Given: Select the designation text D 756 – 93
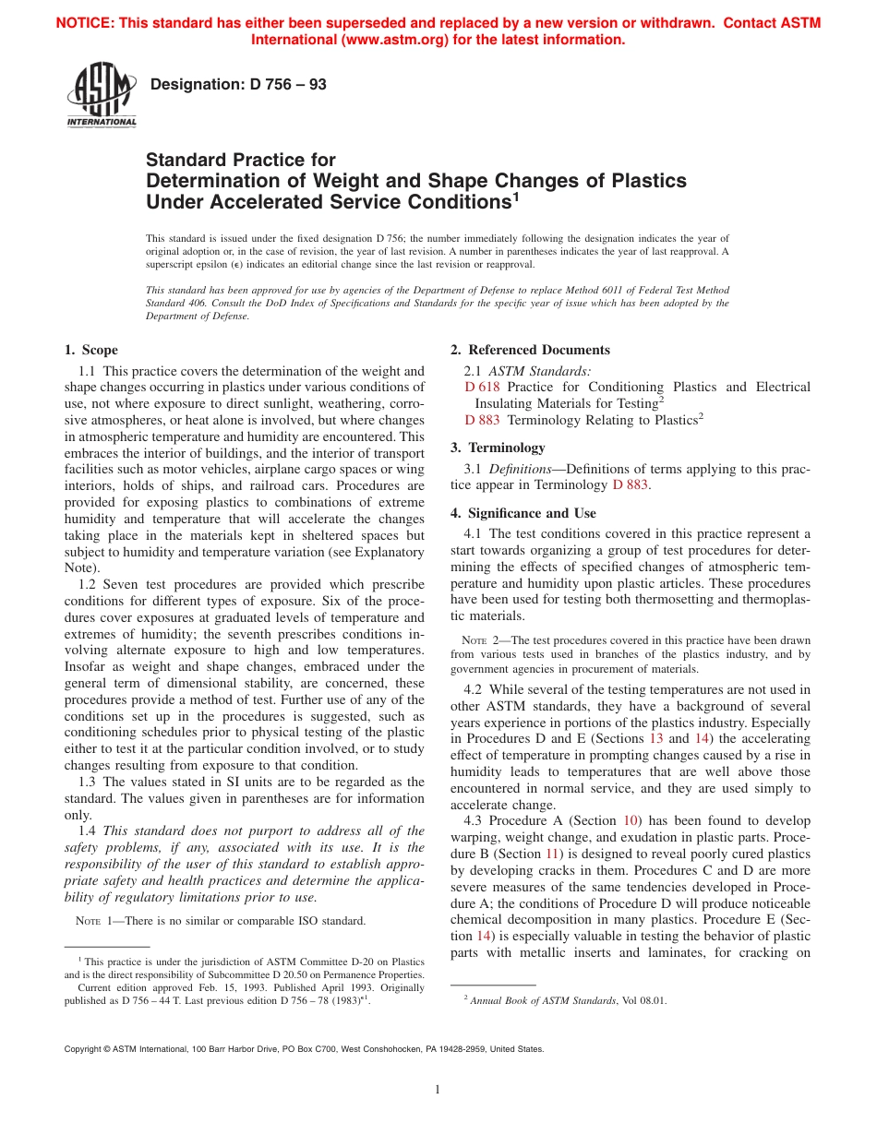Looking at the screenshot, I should click(238, 85).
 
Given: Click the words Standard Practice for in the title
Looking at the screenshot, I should click(241, 160).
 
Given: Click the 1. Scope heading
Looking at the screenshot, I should click(90, 350).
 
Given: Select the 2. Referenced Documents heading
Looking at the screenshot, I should click(530, 350).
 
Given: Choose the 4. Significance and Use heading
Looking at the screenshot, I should click(523, 513).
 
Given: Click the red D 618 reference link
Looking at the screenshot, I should click(482, 387).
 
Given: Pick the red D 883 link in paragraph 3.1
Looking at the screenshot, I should click(631, 484).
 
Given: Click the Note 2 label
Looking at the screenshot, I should click(480, 640).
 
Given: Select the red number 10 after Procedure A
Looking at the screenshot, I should click(631, 820).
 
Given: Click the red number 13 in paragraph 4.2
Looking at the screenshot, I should click(656, 738).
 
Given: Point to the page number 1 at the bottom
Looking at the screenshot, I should click(438, 1090).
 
